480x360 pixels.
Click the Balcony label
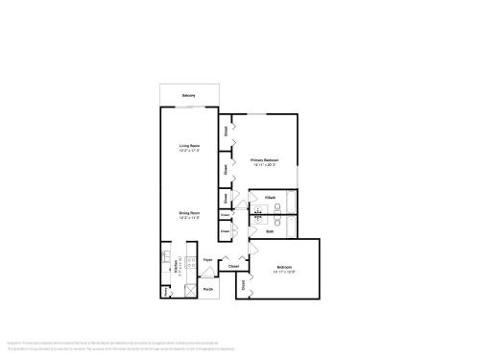tap(189, 97)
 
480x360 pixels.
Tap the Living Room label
tap(189, 145)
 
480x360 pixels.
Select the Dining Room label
tap(189, 212)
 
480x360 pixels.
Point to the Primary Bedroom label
tap(264, 159)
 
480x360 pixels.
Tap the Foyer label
tap(207, 260)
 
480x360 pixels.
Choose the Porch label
tap(207, 288)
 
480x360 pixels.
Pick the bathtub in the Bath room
tap(290, 227)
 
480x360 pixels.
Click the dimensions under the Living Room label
tap(189, 151)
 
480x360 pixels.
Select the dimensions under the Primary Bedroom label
tap(264, 165)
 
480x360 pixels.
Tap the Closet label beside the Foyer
tap(233, 266)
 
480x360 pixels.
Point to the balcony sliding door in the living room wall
tap(189, 108)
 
